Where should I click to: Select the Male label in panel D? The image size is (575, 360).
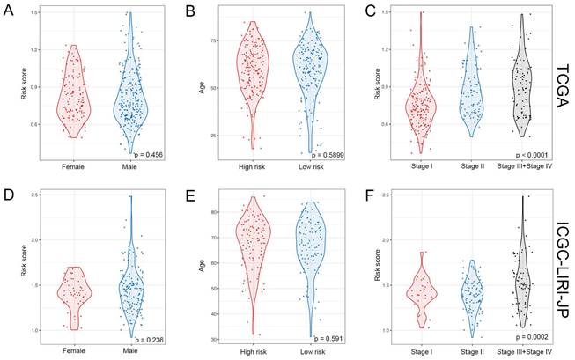[x=132, y=349]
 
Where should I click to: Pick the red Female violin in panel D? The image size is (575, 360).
[x=74, y=295]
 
